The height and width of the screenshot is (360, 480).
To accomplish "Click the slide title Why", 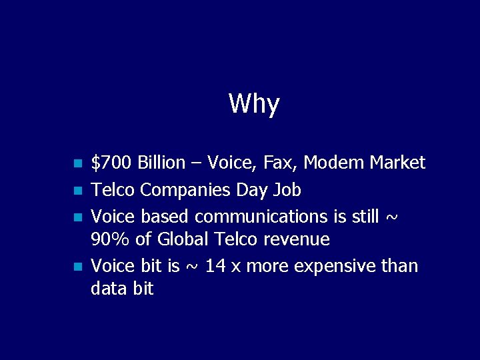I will pyautogui.click(x=254, y=104).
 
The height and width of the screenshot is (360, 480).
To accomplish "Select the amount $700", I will pyautogui.click(x=111, y=163).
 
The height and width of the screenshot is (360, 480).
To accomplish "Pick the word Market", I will pyautogui.click(x=397, y=163).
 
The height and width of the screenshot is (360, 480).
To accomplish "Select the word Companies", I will pyautogui.click(x=186, y=191).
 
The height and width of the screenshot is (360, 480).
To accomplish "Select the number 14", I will pyautogui.click(x=215, y=267).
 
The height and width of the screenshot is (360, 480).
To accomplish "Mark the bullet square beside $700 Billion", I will pyautogui.click(x=77, y=163).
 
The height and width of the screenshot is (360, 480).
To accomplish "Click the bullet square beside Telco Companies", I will pyautogui.click(x=77, y=191).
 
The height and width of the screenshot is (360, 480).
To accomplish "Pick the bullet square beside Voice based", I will pyautogui.click(x=77, y=217).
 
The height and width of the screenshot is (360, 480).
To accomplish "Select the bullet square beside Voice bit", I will pyautogui.click(x=77, y=267).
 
